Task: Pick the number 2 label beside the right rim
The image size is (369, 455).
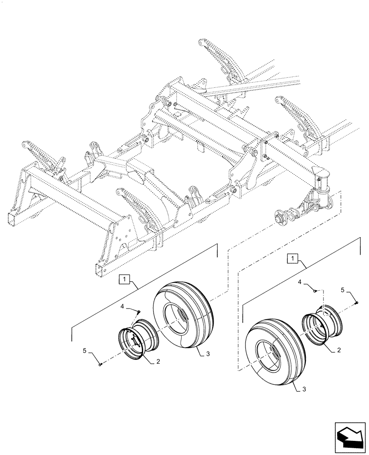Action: [338, 350]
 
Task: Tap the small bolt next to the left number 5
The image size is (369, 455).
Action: [100, 363]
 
